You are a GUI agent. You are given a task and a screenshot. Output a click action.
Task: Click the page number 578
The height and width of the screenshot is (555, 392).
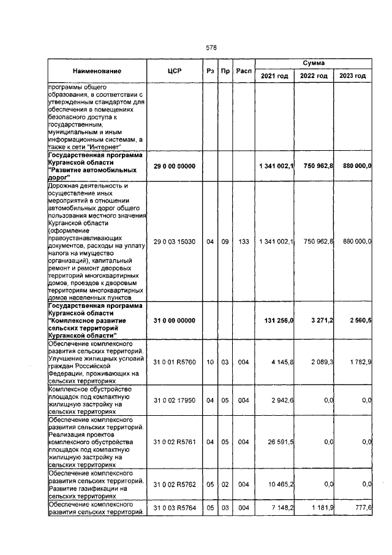coord(211,47)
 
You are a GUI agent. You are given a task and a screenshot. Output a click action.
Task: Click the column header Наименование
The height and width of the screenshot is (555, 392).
coord(97,71)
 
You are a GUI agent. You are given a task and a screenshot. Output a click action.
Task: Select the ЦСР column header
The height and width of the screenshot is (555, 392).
coord(174,71)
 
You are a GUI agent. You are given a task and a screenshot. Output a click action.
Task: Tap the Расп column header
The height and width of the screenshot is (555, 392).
coord(244,71)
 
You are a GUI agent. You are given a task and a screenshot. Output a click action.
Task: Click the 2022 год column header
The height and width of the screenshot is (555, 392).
coord(314,75)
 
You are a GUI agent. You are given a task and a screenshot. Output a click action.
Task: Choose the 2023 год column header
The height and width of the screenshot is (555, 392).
coord(352,75)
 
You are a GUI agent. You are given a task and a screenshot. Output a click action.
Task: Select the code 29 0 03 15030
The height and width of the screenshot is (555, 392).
coord(174,242)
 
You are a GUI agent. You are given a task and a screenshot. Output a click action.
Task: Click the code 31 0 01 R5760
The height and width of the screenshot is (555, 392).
coord(174,362)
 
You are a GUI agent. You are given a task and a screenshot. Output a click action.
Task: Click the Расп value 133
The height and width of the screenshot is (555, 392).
coord(244,242)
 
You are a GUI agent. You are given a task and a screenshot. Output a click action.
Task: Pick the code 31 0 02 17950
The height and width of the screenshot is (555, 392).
coord(174,400)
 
